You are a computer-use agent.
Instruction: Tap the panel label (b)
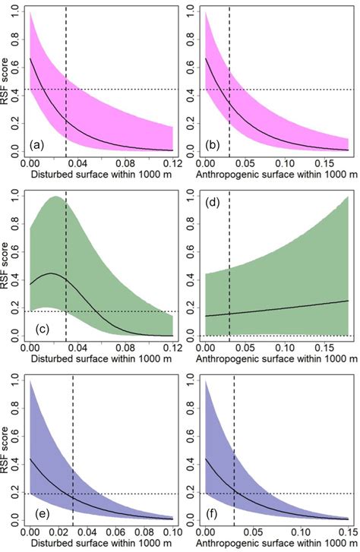tap(213, 144)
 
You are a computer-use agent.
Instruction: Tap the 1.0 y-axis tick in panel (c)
tap(19, 197)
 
